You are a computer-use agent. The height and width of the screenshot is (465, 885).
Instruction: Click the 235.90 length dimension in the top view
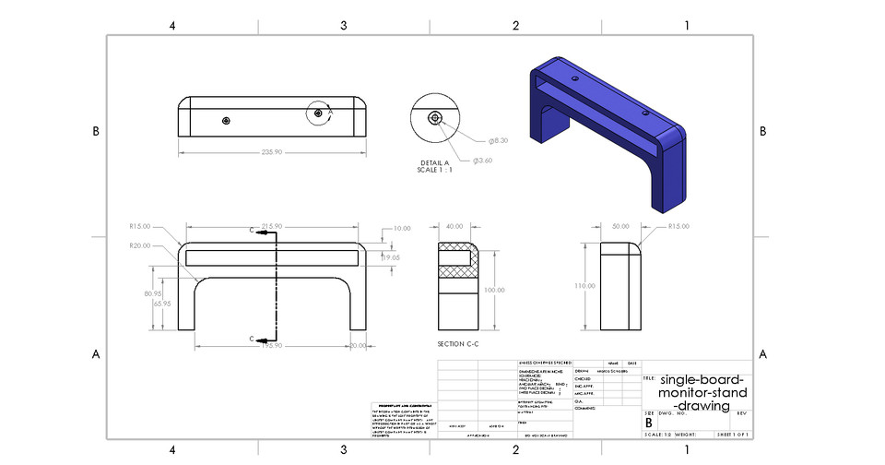pos(271,153)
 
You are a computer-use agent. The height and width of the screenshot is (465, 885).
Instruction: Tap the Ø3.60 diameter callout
pos(483,161)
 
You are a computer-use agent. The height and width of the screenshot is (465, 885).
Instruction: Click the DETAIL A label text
pos(434,162)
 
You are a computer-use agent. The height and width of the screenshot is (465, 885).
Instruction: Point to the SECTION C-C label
pos(458,343)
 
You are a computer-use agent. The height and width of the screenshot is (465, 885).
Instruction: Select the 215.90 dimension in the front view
pos(271,226)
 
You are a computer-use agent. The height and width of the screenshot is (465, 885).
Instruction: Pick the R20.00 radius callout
pos(140,245)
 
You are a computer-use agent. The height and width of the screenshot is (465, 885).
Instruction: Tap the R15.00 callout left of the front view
pos(140,226)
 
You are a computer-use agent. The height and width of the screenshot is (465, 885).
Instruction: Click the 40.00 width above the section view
pos(454,226)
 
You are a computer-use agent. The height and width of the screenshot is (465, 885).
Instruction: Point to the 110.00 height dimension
pos(584,286)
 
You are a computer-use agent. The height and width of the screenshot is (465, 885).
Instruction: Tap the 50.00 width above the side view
pos(619,226)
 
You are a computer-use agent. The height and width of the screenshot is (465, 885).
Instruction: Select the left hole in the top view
pos(226,120)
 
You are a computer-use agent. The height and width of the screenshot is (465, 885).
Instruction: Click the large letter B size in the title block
pos(649,423)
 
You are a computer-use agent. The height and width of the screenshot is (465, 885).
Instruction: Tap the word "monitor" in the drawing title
pos(692,392)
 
